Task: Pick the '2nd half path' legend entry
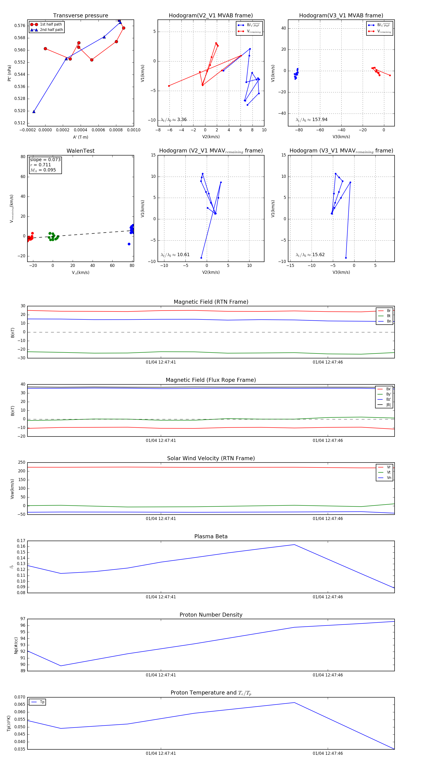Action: (x=51, y=30)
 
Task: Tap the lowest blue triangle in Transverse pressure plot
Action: (x=34, y=111)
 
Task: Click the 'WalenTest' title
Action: (x=80, y=151)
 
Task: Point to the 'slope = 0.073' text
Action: (x=45, y=159)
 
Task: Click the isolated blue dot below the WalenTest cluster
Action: (x=129, y=244)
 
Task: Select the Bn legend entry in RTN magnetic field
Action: (x=389, y=321)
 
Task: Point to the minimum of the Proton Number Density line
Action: (x=61, y=666)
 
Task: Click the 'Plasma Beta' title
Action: (x=211, y=536)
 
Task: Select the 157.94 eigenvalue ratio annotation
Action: (x=320, y=120)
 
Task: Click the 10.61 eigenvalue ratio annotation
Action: (x=183, y=255)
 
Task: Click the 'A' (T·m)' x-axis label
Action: (x=80, y=137)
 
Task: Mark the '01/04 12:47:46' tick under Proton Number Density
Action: (x=328, y=675)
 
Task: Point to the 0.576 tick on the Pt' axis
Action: (x=20, y=26)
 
